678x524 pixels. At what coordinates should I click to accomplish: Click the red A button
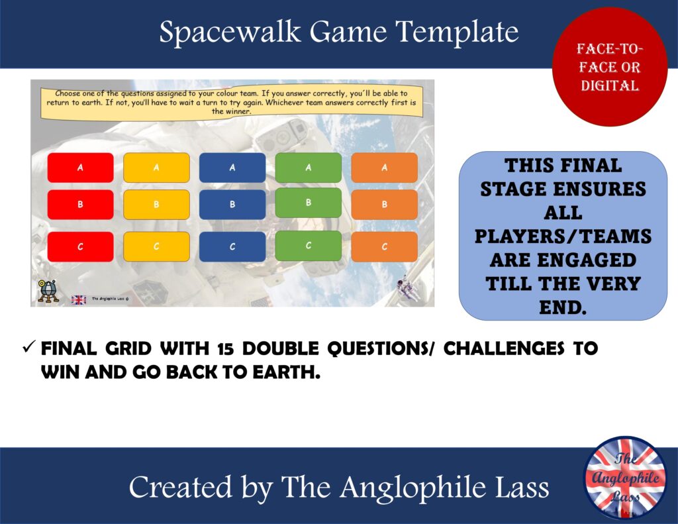80,168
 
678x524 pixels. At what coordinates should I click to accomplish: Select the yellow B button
156,205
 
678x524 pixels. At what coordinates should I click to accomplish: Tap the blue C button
232,246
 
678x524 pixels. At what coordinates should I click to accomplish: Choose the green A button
308,168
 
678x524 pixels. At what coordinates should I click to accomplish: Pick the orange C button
384,246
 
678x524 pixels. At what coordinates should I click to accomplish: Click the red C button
80,246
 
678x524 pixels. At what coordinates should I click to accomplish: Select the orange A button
384,168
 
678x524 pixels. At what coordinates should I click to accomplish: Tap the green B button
308,203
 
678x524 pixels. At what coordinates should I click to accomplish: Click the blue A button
232,168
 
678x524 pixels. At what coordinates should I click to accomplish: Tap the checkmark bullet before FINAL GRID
28,348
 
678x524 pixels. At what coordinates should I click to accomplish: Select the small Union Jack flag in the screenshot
78,299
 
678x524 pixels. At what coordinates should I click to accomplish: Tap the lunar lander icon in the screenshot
47,291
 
